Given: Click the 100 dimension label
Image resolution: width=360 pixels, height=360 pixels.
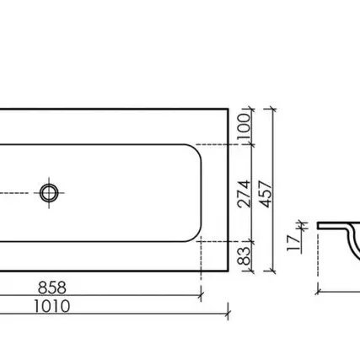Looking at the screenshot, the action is (x=244, y=126).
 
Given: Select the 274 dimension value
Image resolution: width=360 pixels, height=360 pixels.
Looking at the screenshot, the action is (x=244, y=194).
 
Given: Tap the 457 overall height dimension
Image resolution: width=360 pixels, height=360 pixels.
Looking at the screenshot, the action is (x=266, y=194).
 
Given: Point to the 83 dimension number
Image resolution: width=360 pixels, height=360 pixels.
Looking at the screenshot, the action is (x=244, y=256).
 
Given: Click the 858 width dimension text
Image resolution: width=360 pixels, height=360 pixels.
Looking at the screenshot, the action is (x=52, y=287).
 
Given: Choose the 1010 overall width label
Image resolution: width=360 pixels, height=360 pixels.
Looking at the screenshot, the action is (x=52, y=306).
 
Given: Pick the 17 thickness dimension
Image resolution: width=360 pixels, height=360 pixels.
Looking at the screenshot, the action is (x=294, y=242).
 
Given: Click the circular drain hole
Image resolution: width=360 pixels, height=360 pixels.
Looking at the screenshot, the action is (x=49, y=193).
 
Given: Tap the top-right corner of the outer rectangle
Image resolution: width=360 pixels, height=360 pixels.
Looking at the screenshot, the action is (x=228, y=109).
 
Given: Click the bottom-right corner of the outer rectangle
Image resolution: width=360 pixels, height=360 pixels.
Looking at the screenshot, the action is (x=228, y=271).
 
